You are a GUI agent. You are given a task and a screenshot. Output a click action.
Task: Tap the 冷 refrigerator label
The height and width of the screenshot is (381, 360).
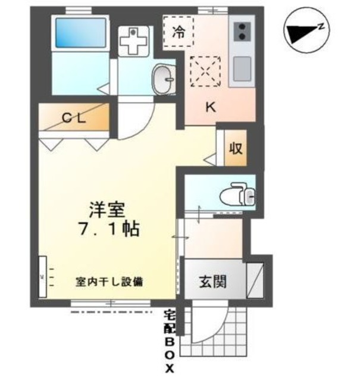coord(178,33)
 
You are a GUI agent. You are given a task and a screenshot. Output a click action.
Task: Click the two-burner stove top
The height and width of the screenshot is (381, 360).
coord(242,31)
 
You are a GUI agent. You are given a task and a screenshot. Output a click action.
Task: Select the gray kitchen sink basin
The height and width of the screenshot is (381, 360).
coord(242,70)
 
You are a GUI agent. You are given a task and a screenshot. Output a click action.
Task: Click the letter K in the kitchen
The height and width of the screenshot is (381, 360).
coord(210,107)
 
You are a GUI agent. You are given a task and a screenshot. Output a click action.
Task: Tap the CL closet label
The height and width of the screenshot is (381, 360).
coord(75,118)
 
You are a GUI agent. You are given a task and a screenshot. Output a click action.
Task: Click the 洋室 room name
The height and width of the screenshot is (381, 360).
coord(107,210)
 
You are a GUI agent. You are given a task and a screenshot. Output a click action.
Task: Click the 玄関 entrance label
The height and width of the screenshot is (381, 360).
coord(212,280)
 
